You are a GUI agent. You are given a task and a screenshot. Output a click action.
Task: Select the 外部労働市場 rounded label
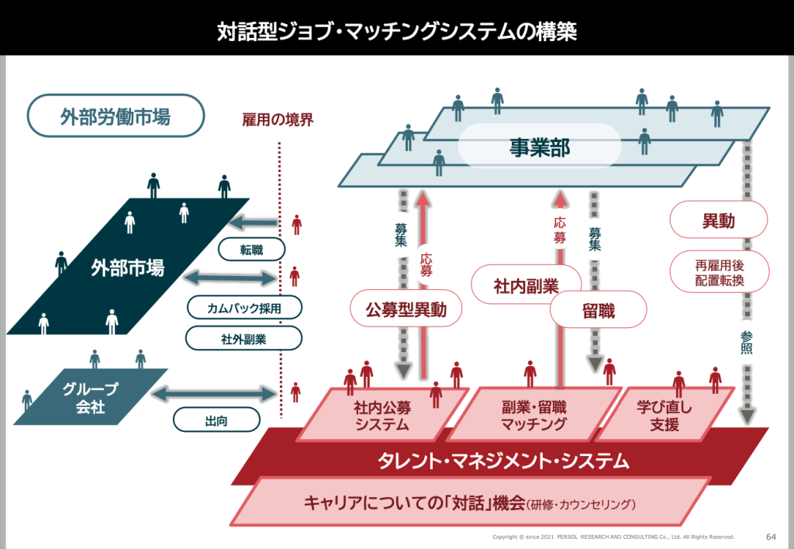coord(116,116)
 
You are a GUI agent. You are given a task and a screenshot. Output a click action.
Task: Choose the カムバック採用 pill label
coord(243,307)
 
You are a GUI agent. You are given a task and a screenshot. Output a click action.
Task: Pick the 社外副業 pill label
coord(243,338)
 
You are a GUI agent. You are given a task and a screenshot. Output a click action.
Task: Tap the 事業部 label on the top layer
coord(540,147)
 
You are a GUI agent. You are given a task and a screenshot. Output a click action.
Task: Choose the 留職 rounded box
coord(598,312)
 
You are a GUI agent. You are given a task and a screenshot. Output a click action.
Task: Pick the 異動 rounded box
coord(718,220)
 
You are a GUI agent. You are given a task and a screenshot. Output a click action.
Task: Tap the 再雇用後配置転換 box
coord(719,272)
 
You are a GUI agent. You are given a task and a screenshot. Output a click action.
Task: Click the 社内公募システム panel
coord(381,415)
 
